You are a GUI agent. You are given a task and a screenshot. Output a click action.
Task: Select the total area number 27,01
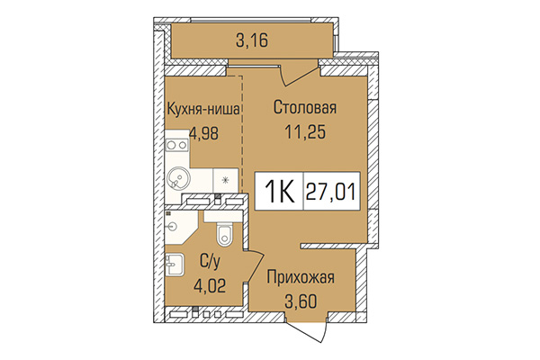point(331,190)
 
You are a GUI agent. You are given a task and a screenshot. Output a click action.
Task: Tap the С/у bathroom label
point(210,262)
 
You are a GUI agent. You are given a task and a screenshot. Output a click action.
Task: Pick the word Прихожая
point(301,278)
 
